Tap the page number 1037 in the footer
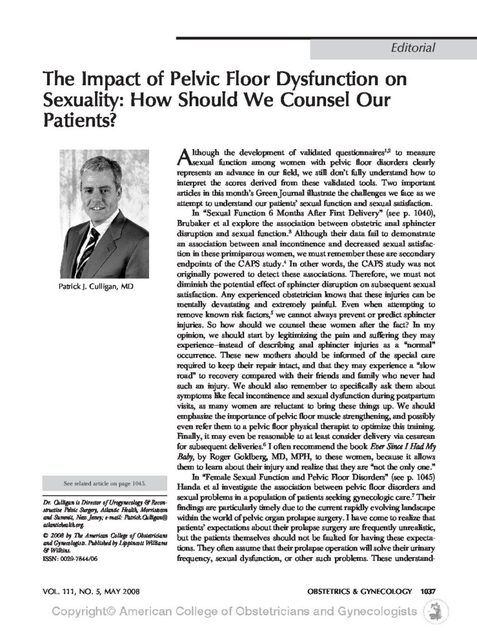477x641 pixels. point(428,591)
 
